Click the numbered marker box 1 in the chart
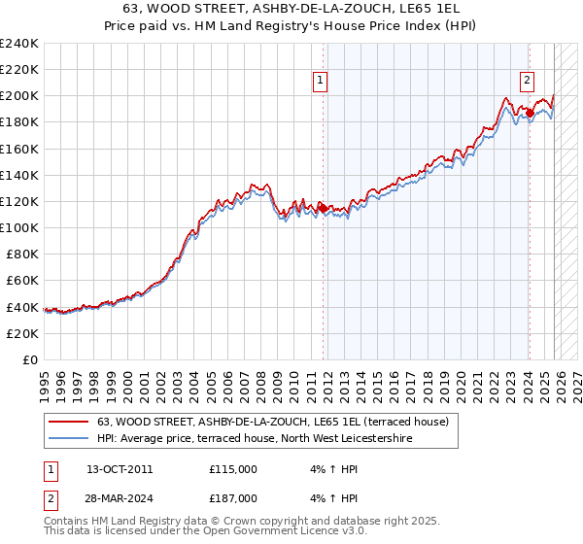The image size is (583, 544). pos(320,82)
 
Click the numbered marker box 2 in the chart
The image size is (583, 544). pos(527,82)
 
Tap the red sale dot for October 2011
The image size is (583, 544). pos(323,207)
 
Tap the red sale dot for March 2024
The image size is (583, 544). pos(530,113)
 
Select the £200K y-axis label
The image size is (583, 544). pos(19,96)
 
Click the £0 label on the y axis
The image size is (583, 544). pos(29,359)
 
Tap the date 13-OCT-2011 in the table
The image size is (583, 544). pos(120,468)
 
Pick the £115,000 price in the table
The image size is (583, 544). pos(233,468)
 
